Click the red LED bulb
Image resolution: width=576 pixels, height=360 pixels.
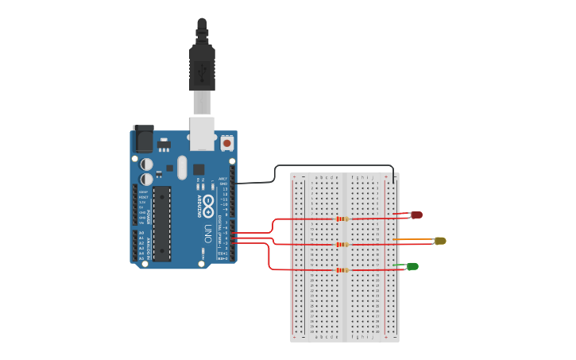click(416, 215)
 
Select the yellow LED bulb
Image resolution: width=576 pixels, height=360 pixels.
click(440, 241)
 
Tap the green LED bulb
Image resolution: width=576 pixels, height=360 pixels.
click(412, 266)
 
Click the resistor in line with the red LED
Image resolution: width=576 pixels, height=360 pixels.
click(342, 219)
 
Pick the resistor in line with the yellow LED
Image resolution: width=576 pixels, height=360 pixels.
click(342, 244)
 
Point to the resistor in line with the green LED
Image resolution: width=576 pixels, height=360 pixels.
click(342, 270)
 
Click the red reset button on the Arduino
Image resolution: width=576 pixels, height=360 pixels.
click(227, 144)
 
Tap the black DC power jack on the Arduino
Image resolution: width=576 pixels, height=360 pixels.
click(143, 140)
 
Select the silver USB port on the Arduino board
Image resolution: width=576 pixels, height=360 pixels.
click(203, 133)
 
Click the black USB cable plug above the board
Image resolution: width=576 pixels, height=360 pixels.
click(202, 68)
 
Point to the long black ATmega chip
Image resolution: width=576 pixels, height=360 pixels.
click(161, 223)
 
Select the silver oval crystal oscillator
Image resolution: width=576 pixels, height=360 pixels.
click(182, 167)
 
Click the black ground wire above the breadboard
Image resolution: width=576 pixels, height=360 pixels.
click(334, 166)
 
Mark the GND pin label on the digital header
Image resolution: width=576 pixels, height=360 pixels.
click(223, 184)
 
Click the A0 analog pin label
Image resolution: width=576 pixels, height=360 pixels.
click(141, 233)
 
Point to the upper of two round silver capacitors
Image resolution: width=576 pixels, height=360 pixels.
click(147, 165)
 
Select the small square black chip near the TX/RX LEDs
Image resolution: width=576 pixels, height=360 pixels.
click(199, 169)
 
